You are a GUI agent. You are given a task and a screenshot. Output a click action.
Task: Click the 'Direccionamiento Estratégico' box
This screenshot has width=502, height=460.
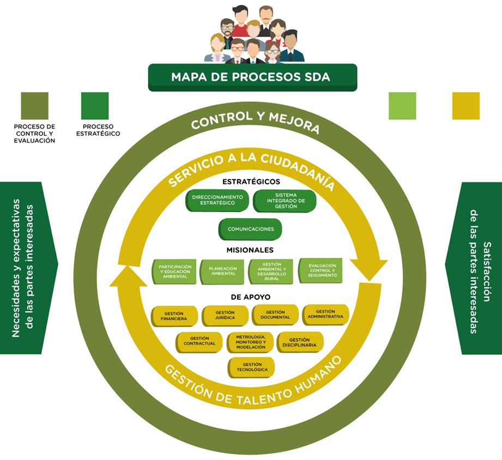217,200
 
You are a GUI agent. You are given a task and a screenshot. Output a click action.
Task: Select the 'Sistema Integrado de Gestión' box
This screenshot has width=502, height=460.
285,201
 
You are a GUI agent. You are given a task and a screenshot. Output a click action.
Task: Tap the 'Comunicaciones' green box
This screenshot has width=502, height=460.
250,229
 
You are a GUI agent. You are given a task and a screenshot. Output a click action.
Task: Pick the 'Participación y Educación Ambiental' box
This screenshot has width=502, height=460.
173,271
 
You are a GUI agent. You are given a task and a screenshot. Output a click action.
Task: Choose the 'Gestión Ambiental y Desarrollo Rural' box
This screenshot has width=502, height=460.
271,271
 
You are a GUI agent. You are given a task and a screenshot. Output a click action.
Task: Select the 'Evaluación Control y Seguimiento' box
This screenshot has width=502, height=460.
321,270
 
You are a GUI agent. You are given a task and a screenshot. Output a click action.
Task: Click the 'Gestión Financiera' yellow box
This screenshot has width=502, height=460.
174,316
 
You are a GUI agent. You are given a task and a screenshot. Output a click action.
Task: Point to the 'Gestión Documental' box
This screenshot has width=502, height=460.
275,314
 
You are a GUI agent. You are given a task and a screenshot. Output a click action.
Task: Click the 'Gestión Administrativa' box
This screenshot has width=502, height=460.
325,314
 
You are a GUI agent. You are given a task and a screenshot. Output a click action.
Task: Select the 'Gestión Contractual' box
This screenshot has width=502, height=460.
199,342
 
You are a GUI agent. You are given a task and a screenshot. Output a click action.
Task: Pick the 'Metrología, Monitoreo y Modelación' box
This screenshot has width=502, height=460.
250,342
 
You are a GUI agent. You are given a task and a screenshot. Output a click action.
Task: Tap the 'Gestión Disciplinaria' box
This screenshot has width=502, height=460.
300,342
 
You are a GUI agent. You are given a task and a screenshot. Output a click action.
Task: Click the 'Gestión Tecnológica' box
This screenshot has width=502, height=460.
252,367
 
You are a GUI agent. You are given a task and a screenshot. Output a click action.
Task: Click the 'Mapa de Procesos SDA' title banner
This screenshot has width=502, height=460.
252,77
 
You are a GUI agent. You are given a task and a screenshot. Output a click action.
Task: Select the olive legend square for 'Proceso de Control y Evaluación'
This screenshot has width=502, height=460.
34,106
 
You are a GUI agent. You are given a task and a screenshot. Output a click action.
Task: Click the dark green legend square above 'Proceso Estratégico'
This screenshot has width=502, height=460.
95,106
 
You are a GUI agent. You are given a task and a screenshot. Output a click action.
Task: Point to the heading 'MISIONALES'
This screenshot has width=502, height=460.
250,250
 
